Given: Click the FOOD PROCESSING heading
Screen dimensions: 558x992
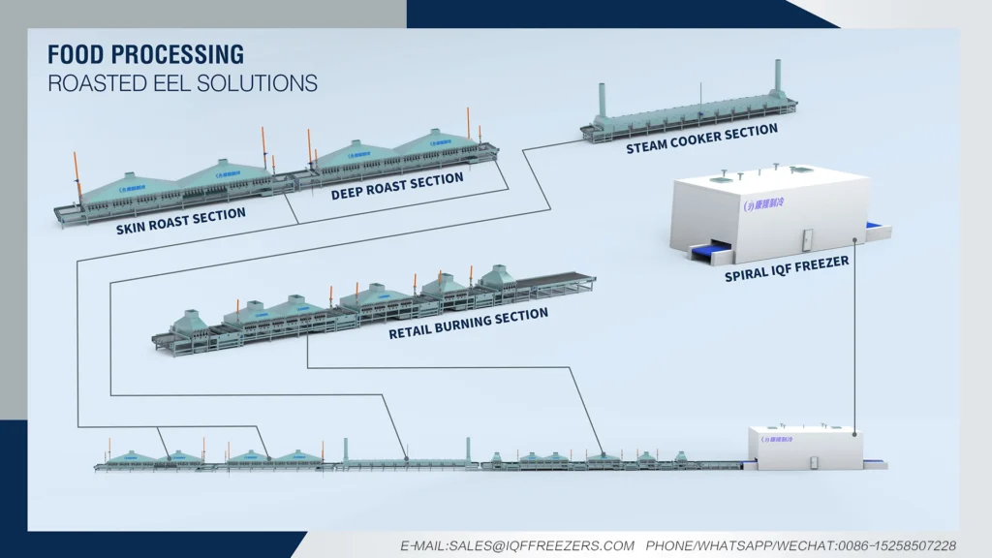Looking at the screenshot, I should (x=145, y=53).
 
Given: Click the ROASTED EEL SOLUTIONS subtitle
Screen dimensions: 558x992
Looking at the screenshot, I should (x=182, y=82).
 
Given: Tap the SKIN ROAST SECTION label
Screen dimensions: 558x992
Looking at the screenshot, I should (x=180, y=221).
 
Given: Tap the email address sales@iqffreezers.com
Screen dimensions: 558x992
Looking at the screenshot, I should (x=518, y=546).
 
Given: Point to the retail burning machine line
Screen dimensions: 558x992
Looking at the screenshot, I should (x=378, y=305).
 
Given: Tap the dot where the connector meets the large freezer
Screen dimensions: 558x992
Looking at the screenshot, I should (x=854, y=239).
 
